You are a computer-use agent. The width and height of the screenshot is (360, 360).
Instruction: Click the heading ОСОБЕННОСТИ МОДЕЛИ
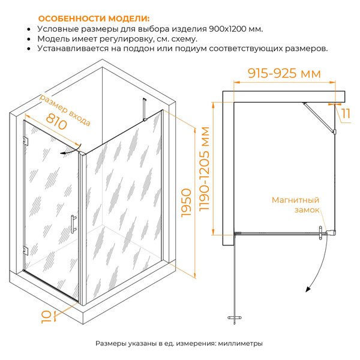point(94,19)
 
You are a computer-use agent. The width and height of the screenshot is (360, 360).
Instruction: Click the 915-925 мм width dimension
point(284,73)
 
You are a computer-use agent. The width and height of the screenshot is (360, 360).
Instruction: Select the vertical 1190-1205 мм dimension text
point(204,169)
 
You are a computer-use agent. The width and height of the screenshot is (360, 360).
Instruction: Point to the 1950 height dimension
point(186,203)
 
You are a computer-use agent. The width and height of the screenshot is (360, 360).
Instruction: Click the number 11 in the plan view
point(346,113)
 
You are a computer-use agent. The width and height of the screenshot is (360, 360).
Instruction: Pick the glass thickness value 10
point(46,317)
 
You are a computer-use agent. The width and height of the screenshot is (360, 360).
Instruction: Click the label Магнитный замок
point(295,205)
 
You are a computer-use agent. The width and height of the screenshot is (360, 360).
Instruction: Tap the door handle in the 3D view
point(73,224)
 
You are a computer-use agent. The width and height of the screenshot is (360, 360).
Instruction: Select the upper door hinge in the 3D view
point(25,141)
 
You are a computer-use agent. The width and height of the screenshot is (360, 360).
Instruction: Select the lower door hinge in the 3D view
point(25,251)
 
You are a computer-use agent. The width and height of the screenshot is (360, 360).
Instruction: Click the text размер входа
point(65,110)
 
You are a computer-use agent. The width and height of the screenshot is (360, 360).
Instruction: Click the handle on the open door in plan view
point(235,318)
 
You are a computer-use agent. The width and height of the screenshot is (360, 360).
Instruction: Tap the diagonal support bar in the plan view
point(319,118)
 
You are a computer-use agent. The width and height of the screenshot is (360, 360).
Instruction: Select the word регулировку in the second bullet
point(125,39)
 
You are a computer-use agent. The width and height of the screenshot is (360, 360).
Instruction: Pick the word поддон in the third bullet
point(139,49)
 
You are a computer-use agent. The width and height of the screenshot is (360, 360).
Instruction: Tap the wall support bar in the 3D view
point(145,109)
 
